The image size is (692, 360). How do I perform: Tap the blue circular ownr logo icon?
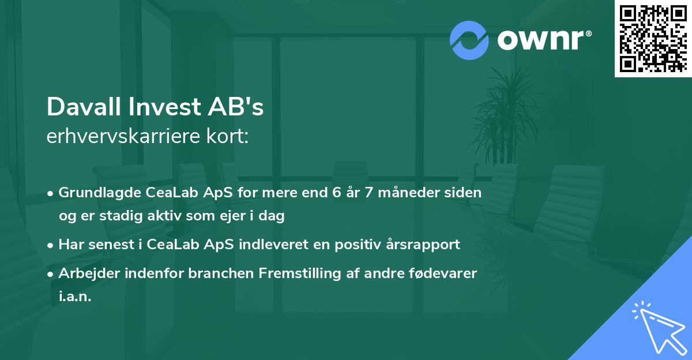point(469,40)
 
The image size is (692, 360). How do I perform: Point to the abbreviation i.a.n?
point(75,297)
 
